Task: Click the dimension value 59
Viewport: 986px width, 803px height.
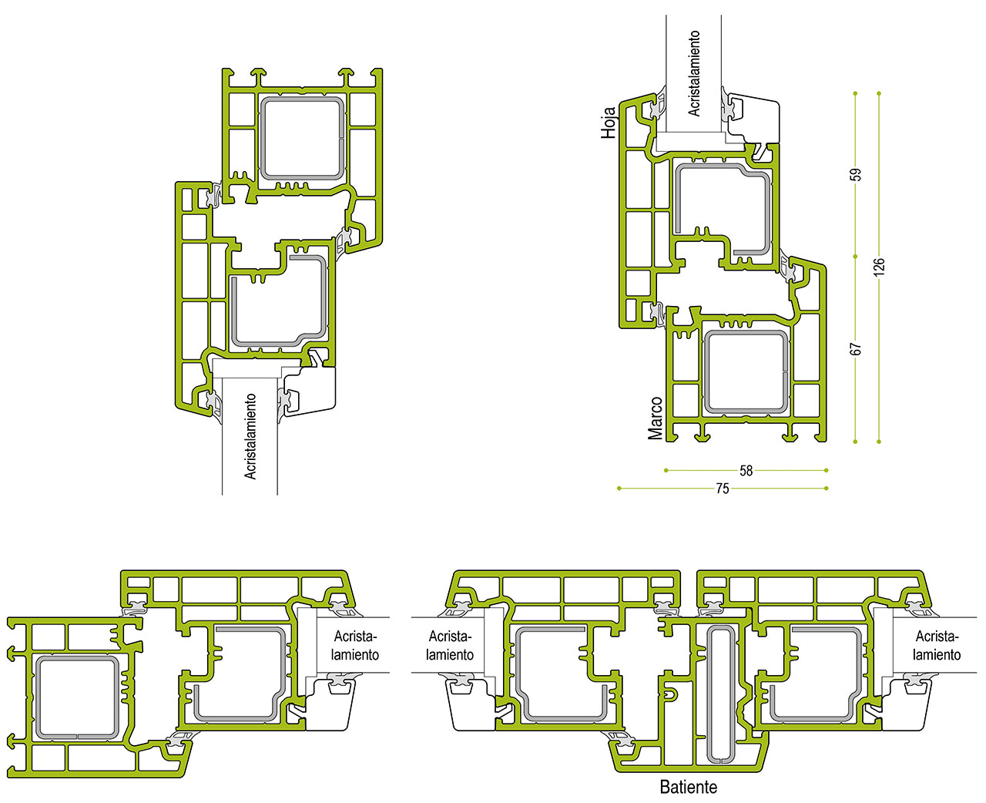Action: (x=857, y=174)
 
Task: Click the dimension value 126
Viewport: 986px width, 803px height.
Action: (x=879, y=267)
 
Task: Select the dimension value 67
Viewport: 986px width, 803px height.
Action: (x=857, y=348)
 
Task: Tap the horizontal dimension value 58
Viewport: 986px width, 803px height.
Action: (x=746, y=471)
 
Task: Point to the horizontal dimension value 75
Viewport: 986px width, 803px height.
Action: (x=722, y=489)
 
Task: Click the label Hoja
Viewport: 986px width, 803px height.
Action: (x=609, y=123)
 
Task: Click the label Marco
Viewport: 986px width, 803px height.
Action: (x=655, y=418)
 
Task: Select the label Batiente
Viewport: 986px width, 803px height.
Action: (x=689, y=787)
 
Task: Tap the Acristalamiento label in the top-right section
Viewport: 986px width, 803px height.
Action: (x=693, y=73)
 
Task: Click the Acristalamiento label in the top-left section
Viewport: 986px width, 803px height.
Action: (x=250, y=436)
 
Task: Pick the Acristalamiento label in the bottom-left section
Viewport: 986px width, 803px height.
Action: (x=355, y=646)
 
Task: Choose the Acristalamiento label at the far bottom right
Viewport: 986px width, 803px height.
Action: (x=937, y=646)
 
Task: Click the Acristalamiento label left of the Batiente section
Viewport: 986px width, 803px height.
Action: (x=450, y=646)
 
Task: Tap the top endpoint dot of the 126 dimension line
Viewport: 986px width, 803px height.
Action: (x=879, y=93)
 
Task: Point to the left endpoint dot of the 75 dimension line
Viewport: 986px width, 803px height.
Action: (x=619, y=488)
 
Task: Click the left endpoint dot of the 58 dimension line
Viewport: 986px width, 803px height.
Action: (x=666, y=471)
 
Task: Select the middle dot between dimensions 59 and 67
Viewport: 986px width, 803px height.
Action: (x=855, y=256)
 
